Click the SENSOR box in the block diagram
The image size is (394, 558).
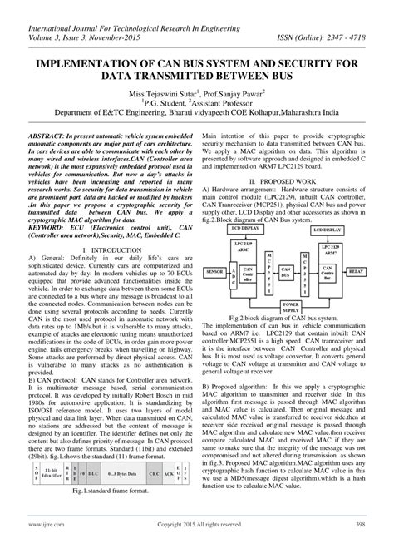click(x=214, y=248)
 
